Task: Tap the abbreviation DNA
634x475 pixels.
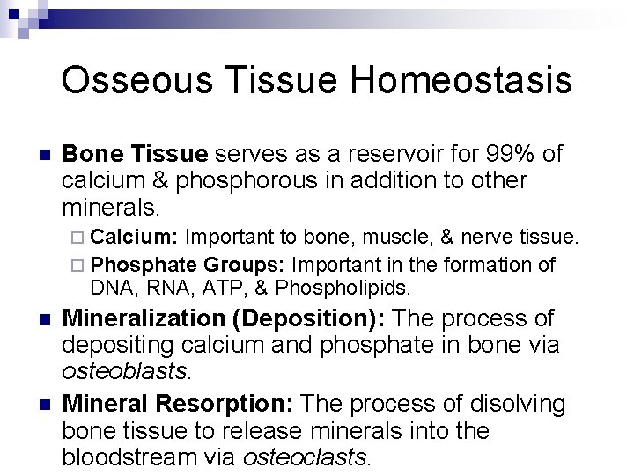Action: (x=108, y=288)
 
